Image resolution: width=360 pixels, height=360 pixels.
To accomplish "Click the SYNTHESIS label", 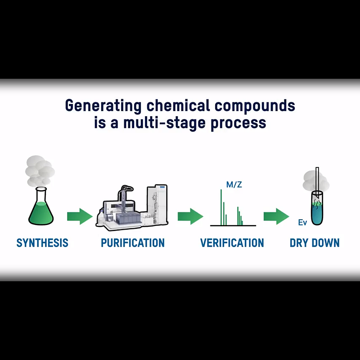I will [x=42, y=243].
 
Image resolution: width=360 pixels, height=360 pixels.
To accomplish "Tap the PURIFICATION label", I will [x=133, y=243].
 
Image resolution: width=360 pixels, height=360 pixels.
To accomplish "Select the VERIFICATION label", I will [x=232, y=243].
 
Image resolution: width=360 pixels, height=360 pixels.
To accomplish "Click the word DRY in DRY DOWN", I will [x=299, y=243].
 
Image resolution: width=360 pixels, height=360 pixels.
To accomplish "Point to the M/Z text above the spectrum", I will [x=234, y=184].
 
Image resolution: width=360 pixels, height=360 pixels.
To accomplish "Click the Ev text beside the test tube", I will [x=302, y=222].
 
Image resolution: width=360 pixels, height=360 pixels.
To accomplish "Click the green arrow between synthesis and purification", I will [x=79, y=217].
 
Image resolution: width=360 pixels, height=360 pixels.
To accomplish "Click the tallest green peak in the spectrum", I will [x=221, y=207].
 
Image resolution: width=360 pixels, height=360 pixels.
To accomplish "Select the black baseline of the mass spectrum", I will [x=233, y=225].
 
